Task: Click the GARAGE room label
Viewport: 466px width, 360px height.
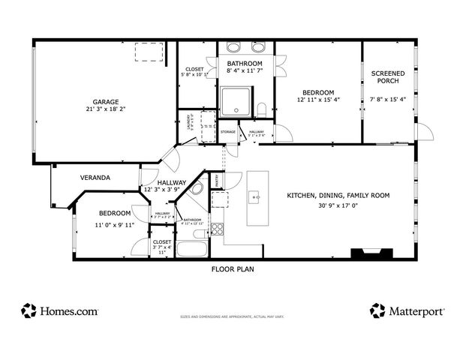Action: (106, 102)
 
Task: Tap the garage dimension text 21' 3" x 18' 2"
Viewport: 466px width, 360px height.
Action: (106, 110)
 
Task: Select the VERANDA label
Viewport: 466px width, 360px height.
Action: (95, 178)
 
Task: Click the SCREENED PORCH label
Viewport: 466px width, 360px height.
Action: (388, 77)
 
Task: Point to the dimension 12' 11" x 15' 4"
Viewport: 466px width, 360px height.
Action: (318, 100)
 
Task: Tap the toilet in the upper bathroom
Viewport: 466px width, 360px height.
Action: (261, 110)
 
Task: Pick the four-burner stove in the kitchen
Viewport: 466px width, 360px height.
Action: (218, 229)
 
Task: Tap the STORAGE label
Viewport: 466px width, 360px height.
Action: (227, 132)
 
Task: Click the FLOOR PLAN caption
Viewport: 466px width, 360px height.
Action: (232, 268)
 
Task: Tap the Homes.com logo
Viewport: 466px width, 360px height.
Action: (60, 310)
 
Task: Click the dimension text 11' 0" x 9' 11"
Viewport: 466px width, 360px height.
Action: (114, 224)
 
